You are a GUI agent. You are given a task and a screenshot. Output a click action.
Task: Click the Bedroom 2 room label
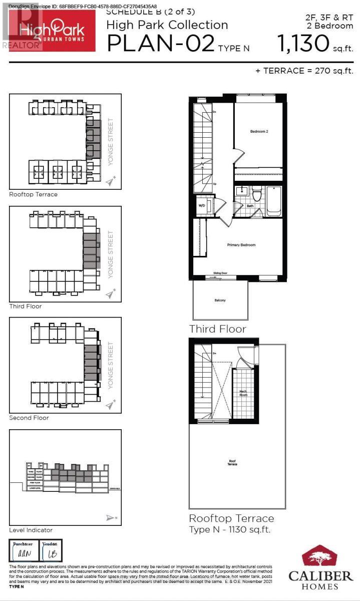point(260,132)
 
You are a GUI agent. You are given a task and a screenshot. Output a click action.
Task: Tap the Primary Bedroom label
point(241,245)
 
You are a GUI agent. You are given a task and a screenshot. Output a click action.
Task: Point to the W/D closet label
point(202,205)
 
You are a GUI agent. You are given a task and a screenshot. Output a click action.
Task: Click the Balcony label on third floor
point(220,300)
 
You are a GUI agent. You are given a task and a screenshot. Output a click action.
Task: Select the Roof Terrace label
point(232,463)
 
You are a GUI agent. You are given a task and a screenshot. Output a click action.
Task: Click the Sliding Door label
point(220,273)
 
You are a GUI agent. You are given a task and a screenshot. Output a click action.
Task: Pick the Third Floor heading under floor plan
point(217,329)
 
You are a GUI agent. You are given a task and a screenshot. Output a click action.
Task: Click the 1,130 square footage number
point(303,44)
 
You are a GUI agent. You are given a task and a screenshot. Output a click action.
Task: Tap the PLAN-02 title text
point(161,44)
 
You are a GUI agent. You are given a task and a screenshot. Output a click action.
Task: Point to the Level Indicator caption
point(31,530)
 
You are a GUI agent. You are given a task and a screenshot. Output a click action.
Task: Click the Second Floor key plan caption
point(29,418)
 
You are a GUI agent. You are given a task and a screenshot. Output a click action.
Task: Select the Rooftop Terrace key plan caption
point(33,194)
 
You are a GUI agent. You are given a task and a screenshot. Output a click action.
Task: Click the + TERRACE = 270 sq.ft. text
point(304,71)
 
